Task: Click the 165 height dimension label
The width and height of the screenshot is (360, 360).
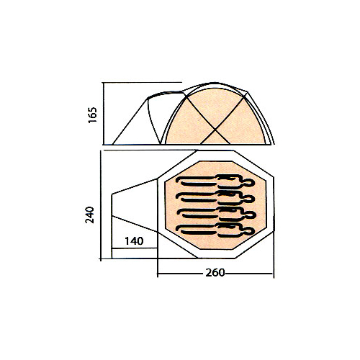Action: (x=93, y=115)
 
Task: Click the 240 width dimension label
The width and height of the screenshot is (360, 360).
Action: (x=90, y=215)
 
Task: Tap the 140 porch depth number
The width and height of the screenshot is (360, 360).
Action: (x=134, y=241)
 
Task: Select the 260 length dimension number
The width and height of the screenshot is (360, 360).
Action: (x=215, y=273)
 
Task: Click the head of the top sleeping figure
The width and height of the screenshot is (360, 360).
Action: (x=250, y=183)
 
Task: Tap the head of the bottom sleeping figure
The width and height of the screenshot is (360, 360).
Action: (x=250, y=231)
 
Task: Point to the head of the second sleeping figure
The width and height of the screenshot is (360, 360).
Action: (x=250, y=199)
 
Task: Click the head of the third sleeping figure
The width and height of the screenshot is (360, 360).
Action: (x=250, y=215)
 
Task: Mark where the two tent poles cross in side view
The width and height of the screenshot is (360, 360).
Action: (x=215, y=130)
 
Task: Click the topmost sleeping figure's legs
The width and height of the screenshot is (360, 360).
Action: (x=197, y=181)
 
